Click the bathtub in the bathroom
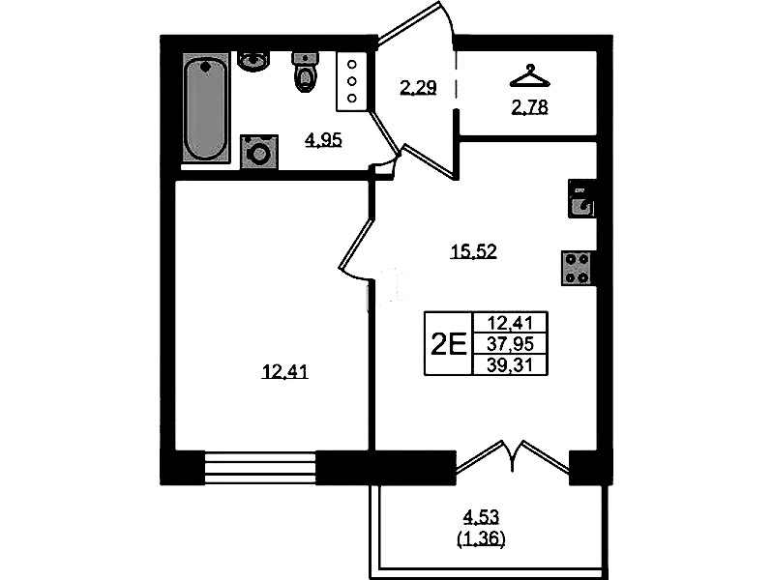[205, 108]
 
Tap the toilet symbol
[306, 72]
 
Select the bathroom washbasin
[253, 61]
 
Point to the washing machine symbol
[259, 152]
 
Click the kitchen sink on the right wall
[581, 198]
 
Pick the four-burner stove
[577, 268]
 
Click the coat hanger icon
[529, 76]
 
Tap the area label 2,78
[529, 107]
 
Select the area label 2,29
[418, 88]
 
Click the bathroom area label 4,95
[323, 140]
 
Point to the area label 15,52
[473, 251]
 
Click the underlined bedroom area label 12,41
[284, 371]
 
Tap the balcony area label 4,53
[481, 517]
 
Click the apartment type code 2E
[448, 344]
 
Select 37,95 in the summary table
[510, 343]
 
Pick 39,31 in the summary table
[510, 364]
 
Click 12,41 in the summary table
[510, 323]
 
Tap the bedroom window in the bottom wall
[260, 467]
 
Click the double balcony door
[513, 456]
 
